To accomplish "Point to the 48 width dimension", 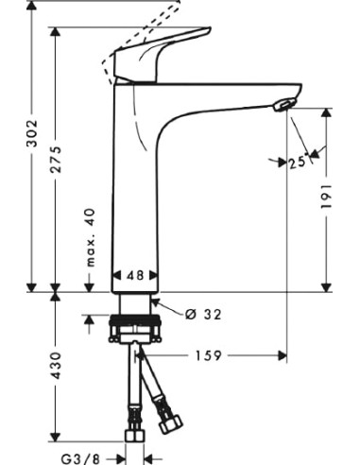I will point(134,276).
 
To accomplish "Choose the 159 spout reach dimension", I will point(210,356).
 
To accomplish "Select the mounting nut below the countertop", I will point(137,332).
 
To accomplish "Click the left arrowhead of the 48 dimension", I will point(116,276).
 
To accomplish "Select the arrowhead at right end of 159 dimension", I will point(281,356).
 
